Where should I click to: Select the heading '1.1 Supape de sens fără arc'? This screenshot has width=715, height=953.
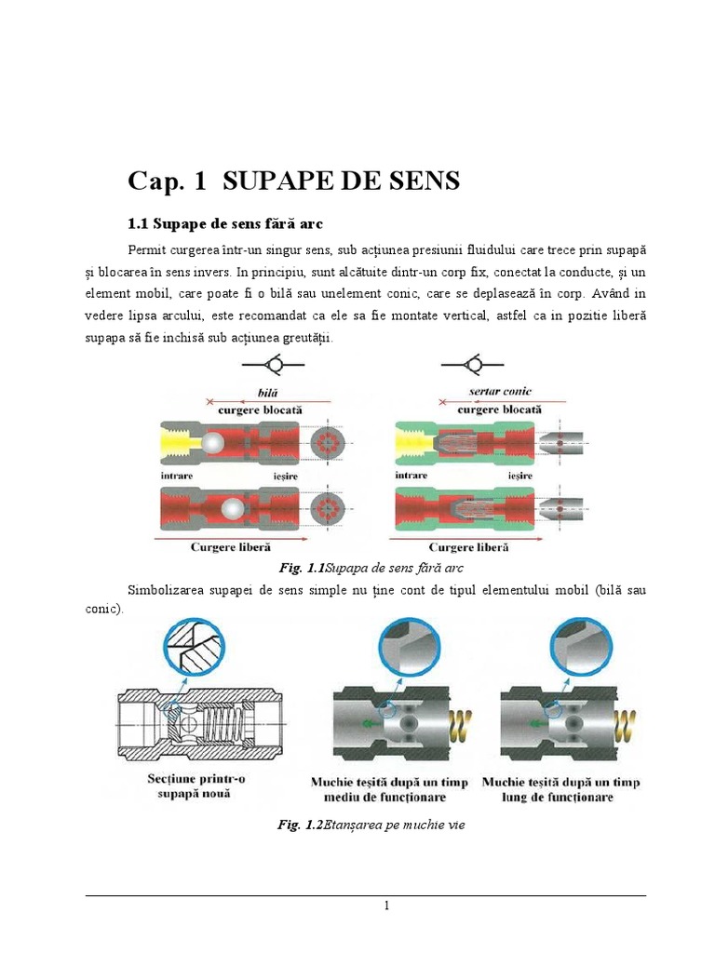coord(223,224)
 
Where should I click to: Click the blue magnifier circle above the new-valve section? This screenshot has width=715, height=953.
coord(196,647)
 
